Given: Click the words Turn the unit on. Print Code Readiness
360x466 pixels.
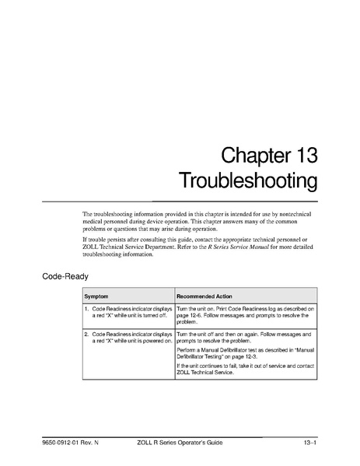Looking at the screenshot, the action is pyautogui.click(x=225, y=309).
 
